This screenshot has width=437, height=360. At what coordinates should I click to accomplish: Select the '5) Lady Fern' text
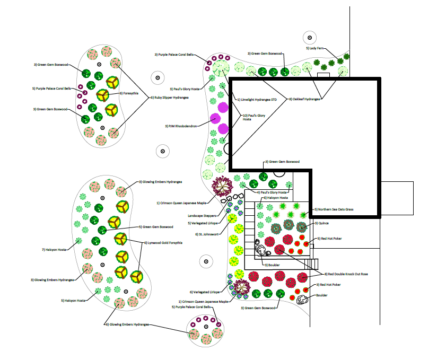point(314,48)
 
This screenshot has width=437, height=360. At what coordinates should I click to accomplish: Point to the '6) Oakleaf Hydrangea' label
point(305,99)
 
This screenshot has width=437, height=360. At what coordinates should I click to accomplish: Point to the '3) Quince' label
point(322,224)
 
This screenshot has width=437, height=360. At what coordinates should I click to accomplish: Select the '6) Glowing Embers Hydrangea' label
point(127,324)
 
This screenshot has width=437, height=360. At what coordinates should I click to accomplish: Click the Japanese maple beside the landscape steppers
point(222,186)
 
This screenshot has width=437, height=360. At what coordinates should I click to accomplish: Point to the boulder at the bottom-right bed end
point(302,300)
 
